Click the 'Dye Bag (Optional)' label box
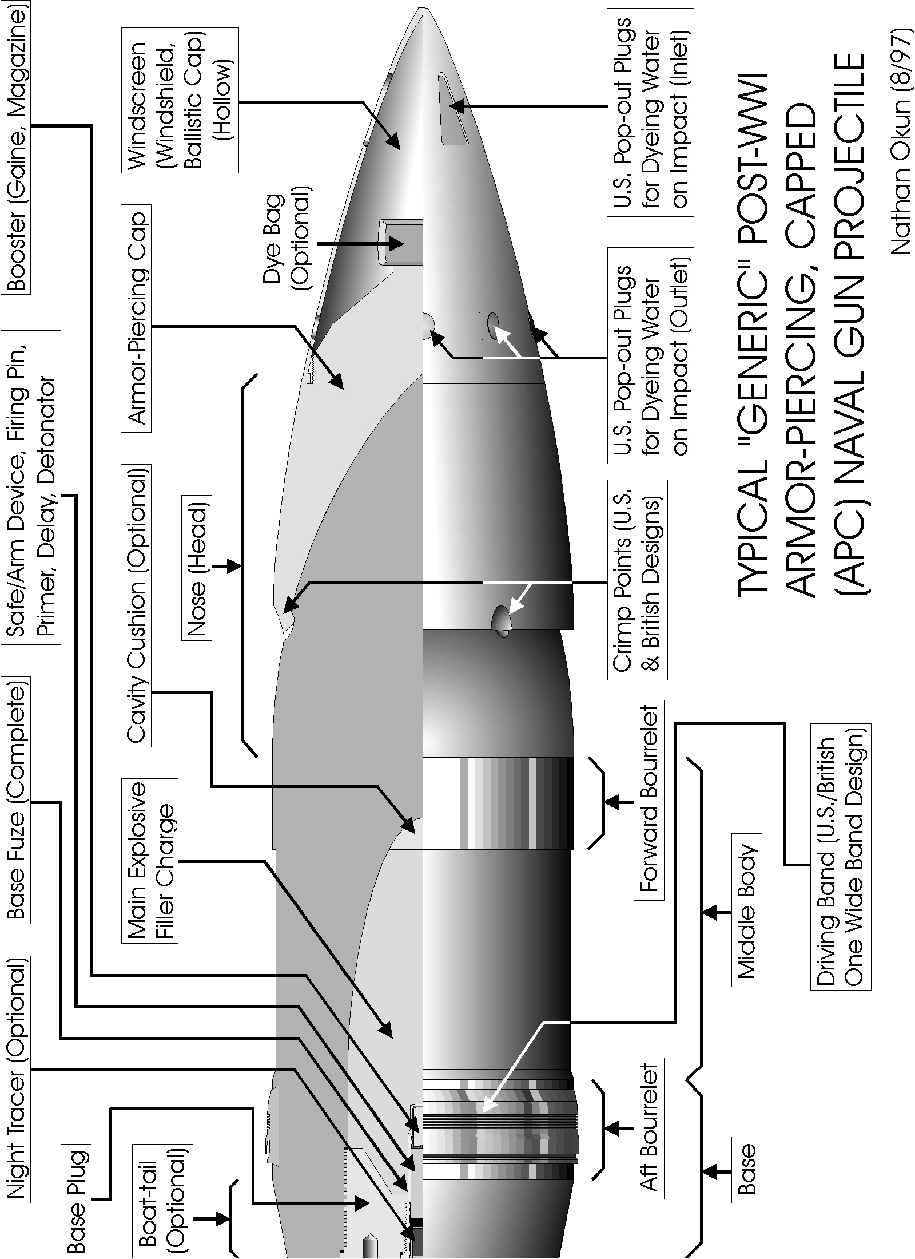tap(287, 238)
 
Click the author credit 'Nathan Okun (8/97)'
tap(900, 144)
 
